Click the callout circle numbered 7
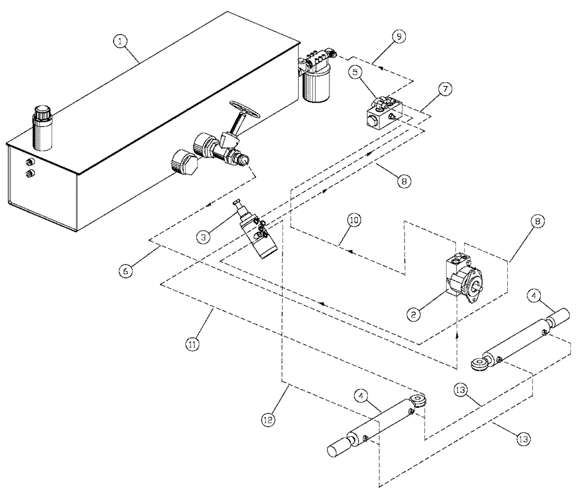[x=445, y=91]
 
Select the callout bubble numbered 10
[x=354, y=221]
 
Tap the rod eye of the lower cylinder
[x=419, y=399]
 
